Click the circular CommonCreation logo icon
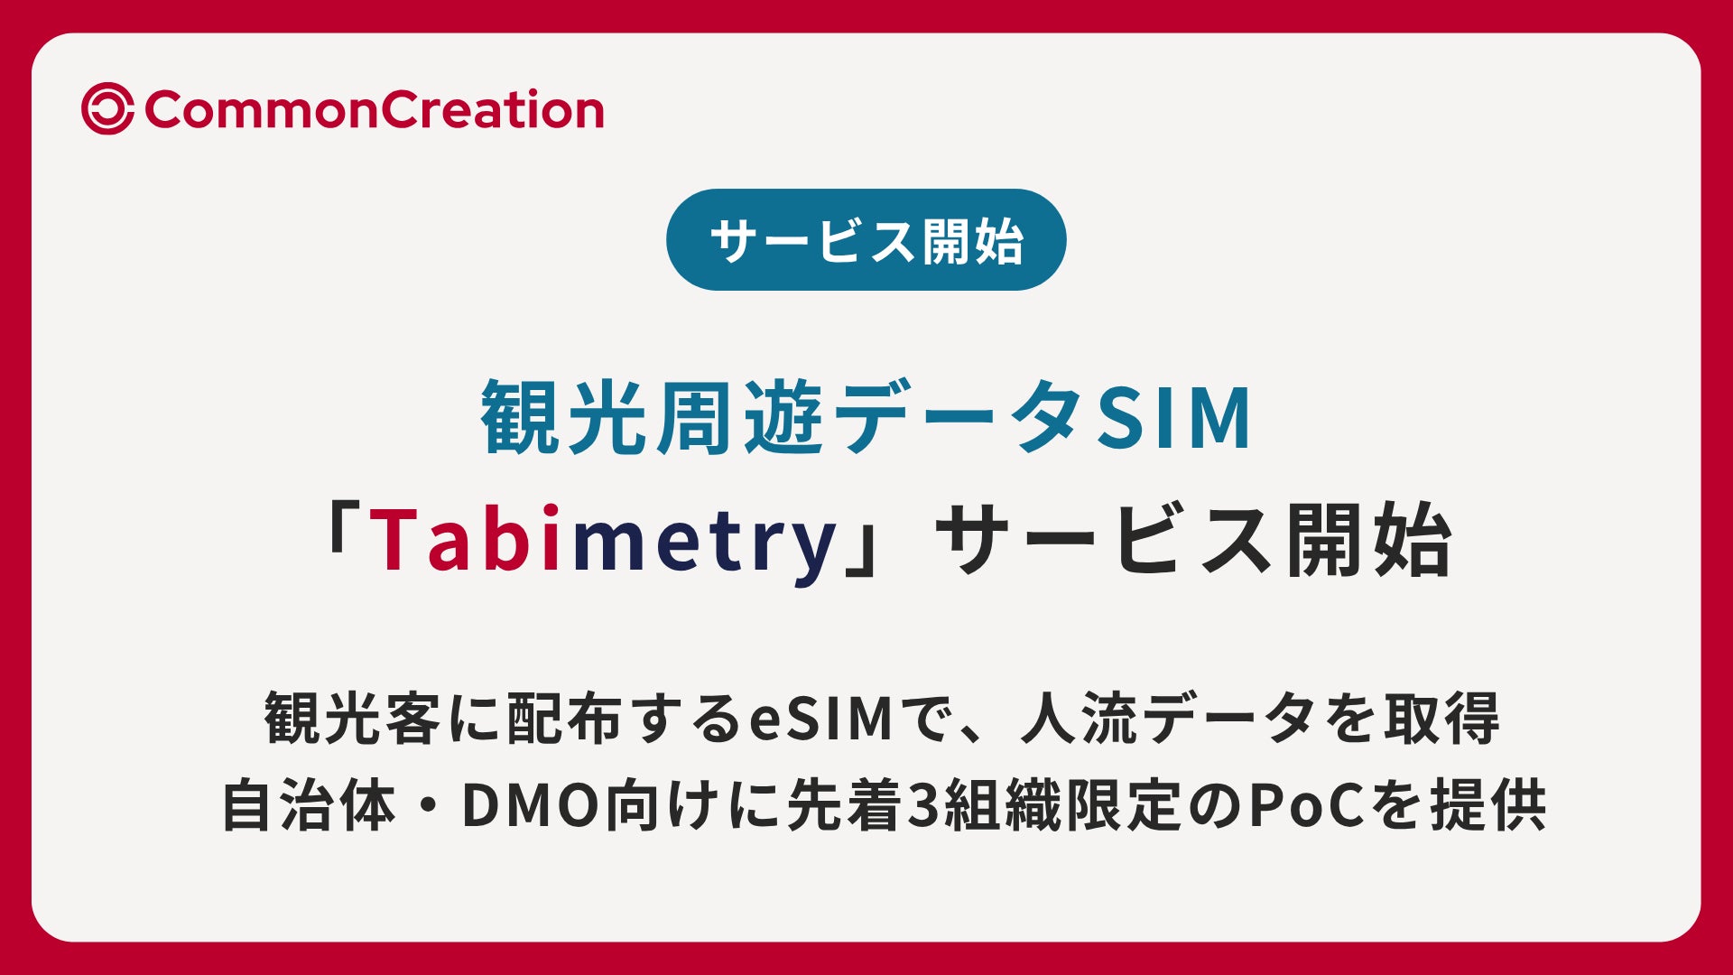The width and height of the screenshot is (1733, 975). pyautogui.click(x=107, y=109)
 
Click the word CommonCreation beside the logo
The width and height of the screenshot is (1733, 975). pyautogui.click(x=374, y=110)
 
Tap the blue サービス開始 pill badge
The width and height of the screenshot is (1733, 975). pyautogui.click(x=866, y=239)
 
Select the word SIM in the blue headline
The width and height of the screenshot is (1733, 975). pyautogui.click(x=1173, y=418)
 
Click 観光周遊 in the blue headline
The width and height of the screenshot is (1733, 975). pyautogui.click(x=652, y=418)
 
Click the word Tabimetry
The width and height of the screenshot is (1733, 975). pyautogui.click(x=602, y=540)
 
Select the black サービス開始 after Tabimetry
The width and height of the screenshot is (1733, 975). pyautogui.click(x=1193, y=540)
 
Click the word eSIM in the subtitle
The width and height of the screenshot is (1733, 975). pyautogui.click(x=821, y=720)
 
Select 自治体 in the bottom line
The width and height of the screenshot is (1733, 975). pyautogui.click(x=309, y=805)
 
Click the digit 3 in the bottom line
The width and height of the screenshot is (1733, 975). pyautogui.click(x=922, y=806)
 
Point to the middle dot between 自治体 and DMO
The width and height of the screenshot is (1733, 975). pyautogui.click(x=428, y=806)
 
